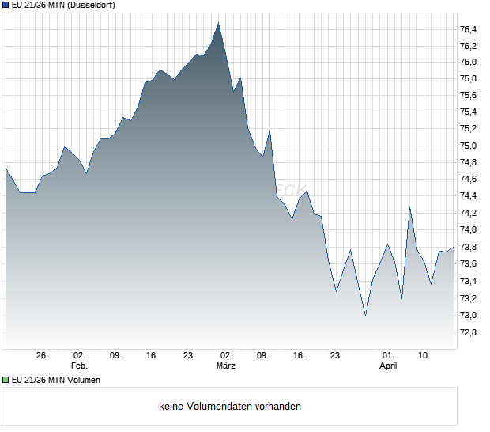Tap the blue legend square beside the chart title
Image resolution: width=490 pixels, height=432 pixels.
(6, 6)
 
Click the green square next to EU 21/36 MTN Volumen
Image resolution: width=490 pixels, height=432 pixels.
(6, 380)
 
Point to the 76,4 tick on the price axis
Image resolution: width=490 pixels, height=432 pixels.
(468, 29)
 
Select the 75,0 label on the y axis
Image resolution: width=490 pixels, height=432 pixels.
(468, 146)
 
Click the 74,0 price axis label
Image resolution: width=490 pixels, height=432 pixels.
(468, 230)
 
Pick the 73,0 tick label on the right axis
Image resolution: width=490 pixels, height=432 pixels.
(468, 315)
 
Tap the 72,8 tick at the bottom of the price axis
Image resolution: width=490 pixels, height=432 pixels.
(468, 332)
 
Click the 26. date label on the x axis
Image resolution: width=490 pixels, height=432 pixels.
(43, 356)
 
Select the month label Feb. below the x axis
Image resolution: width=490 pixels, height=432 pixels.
(78, 366)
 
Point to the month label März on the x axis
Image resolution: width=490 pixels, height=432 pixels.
(226, 366)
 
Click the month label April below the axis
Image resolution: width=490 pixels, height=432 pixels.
(388, 366)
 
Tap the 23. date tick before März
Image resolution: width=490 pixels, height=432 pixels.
(189, 356)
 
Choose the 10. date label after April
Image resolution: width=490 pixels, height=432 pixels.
(424, 356)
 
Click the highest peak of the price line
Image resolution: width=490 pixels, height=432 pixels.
(218, 23)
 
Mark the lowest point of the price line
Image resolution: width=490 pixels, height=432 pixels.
(365, 316)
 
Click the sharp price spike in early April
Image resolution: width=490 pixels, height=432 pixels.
(409, 207)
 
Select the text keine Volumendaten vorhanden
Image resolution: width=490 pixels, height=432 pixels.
(230, 407)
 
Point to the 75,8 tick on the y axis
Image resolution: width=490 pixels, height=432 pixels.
(468, 79)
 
